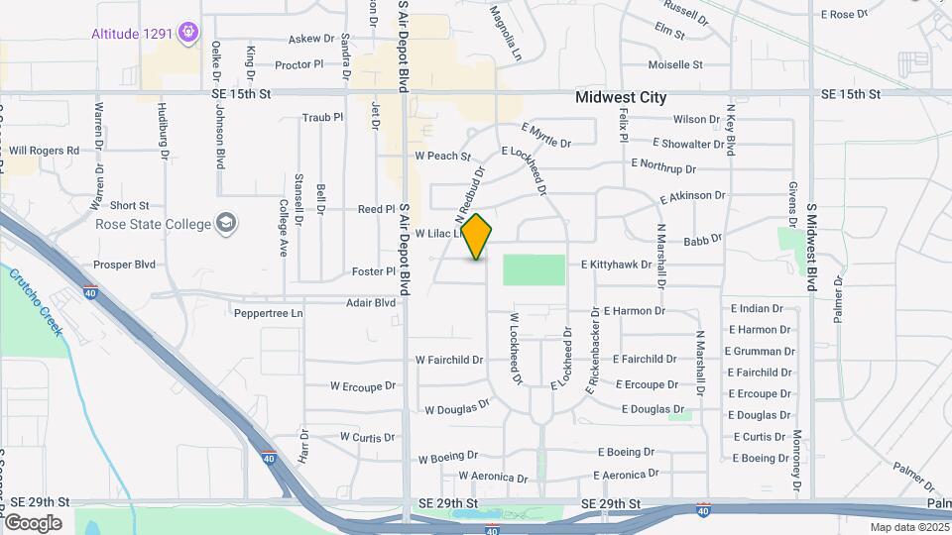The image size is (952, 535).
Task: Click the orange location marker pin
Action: click(x=477, y=236)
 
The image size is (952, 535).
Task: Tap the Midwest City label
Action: click(x=621, y=98)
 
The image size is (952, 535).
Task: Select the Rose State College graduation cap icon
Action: click(x=227, y=222)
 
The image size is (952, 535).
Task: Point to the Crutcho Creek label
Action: click(x=37, y=298)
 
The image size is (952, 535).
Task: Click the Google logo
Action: click(x=33, y=522)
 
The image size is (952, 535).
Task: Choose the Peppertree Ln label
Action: click(x=268, y=313)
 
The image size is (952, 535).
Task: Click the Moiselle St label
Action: click(x=674, y=64)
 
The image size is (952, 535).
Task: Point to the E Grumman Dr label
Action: click(x=760, y=351)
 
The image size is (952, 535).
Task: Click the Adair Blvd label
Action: click(x=370, y=302)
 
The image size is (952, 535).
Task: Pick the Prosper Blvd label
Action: click(x=124, y=265)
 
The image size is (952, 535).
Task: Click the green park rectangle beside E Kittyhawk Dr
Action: click(x=534, y=269)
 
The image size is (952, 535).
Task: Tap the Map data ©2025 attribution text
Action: click(x=907, y=527)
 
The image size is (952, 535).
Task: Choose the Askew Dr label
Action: click(x=311, y=39)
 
